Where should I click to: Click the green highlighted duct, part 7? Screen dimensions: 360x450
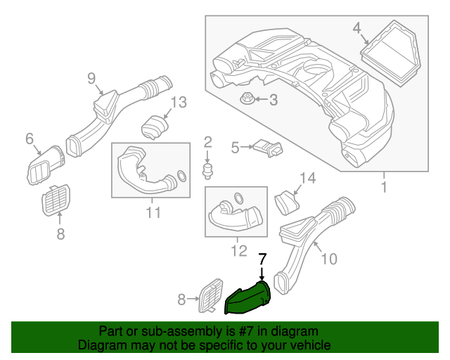pyautogui.click(x=247, y=299)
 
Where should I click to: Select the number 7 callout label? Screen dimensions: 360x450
pyautogui.click(x=262, y=259)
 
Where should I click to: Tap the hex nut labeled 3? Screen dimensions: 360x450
pyautogui.click(x=247, y=99)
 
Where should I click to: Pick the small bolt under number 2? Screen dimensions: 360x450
pyautogui.click(x=207, y=170)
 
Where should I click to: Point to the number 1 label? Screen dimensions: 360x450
pyautogui.click(x=384, y=188)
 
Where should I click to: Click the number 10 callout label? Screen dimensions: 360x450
pyautogui.click(x=328, y=259)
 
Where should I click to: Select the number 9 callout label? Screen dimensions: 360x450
pyautogui.click(x=91, y=78)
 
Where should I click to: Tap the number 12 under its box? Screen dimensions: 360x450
pyautogui.click(x=238, y=249)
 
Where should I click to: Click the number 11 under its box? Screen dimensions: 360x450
pyautogui.click(x=153, y=212)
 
